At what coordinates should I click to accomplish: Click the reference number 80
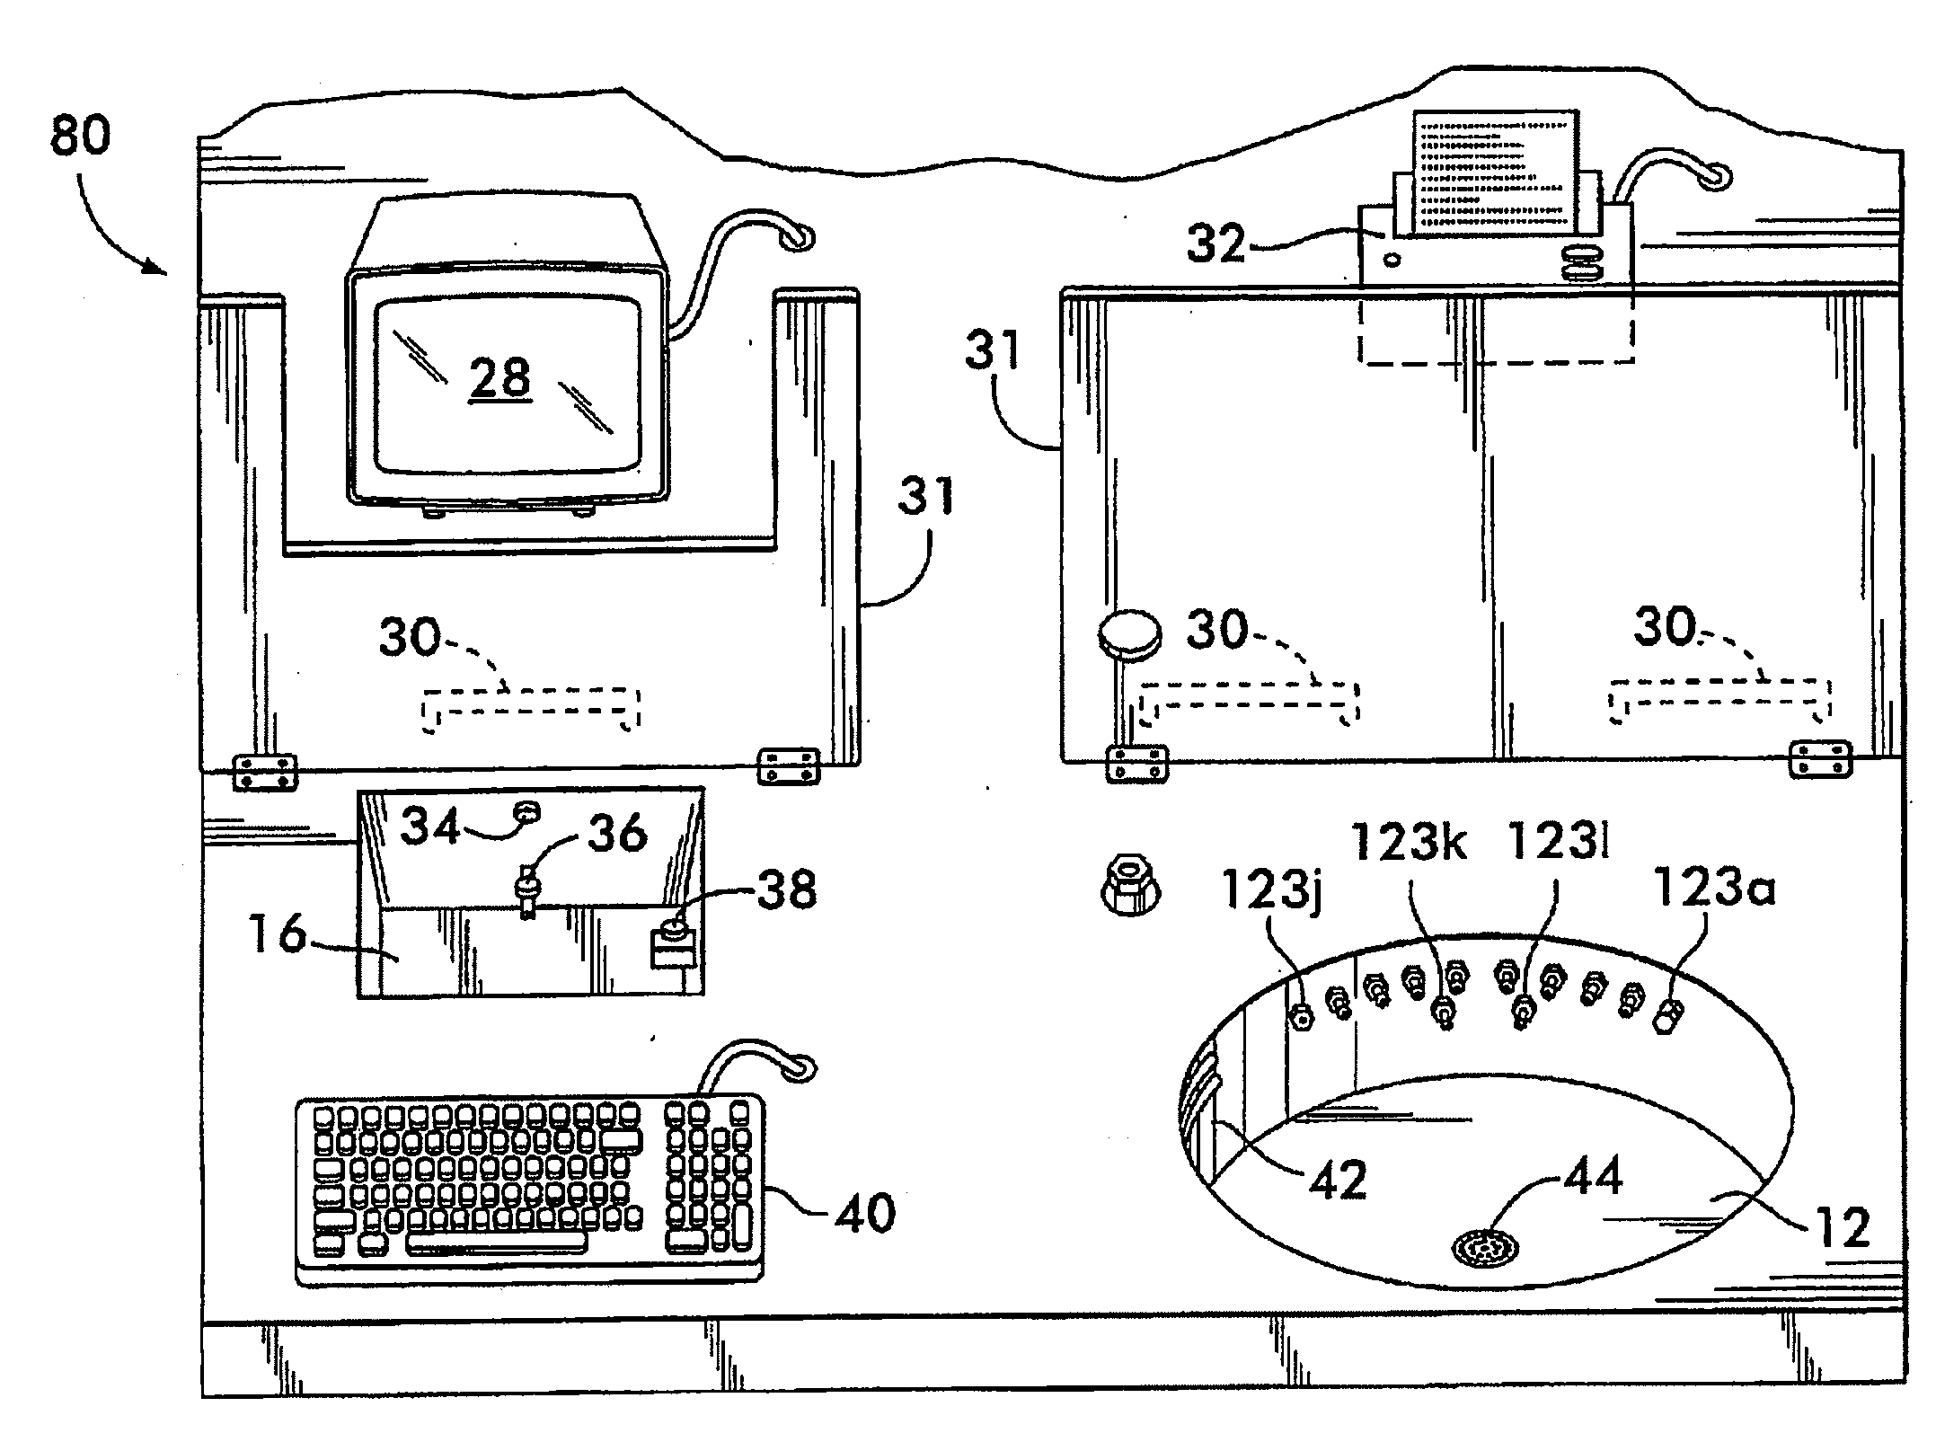tap(80, 137)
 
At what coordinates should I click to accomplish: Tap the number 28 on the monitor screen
tap(500, 377)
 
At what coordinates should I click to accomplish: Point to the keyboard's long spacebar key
tap(496, 1243)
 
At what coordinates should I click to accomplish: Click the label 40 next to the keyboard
tap(865, 1213)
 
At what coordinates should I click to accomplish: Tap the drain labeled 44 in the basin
tap(1486, 1248)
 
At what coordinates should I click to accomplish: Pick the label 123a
tap(1714, 889)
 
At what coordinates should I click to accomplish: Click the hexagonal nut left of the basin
tap(1131, 887)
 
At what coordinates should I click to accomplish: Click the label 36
tap(617, 833)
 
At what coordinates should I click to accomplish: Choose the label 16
tap(277, 934)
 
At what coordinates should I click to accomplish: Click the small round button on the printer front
tap(1392, 261)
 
